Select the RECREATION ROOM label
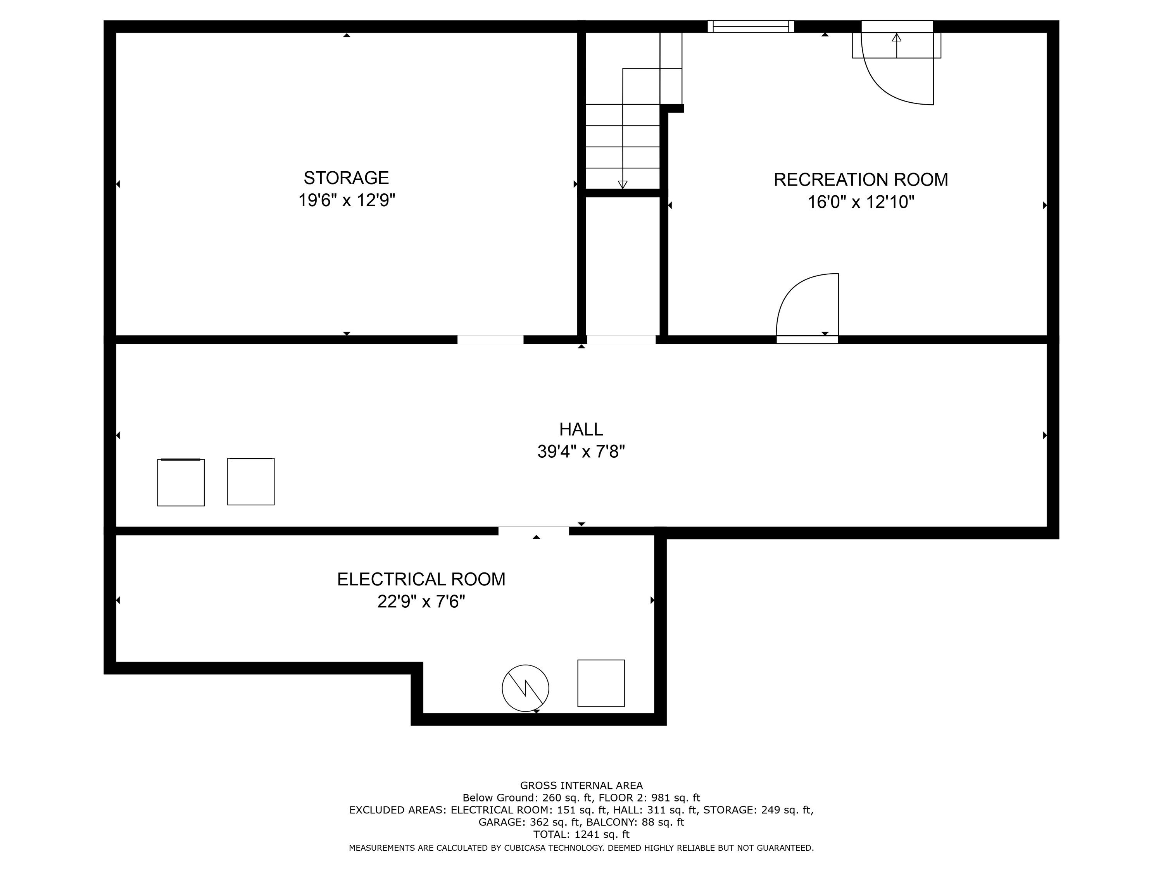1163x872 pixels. pyautogui.click(x=861, y=180)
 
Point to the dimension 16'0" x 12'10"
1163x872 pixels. pyautogui.click(x=861, y=202)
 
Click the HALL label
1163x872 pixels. pyautogui.click(x=581, y=429)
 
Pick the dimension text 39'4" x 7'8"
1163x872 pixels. pyautogui.click(x=581, y=452)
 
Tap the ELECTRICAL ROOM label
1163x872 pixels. pyautogui.click(x=421, y=579)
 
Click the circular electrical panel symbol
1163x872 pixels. pyautogui.click(x=525, y=688)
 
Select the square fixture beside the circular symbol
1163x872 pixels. pyautogui.click(x=601, y=683)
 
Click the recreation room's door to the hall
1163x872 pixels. pyautogui.click(x=807, y=307)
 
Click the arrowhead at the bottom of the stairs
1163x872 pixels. pyautogui.click(x=623, y=184)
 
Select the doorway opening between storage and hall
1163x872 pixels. pyautogui.click(x=490, y=339)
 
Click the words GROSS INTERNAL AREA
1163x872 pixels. pyautogui.click(x=581, y=785)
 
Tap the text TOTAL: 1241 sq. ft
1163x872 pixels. pyautogui.click(x=581, y=834)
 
